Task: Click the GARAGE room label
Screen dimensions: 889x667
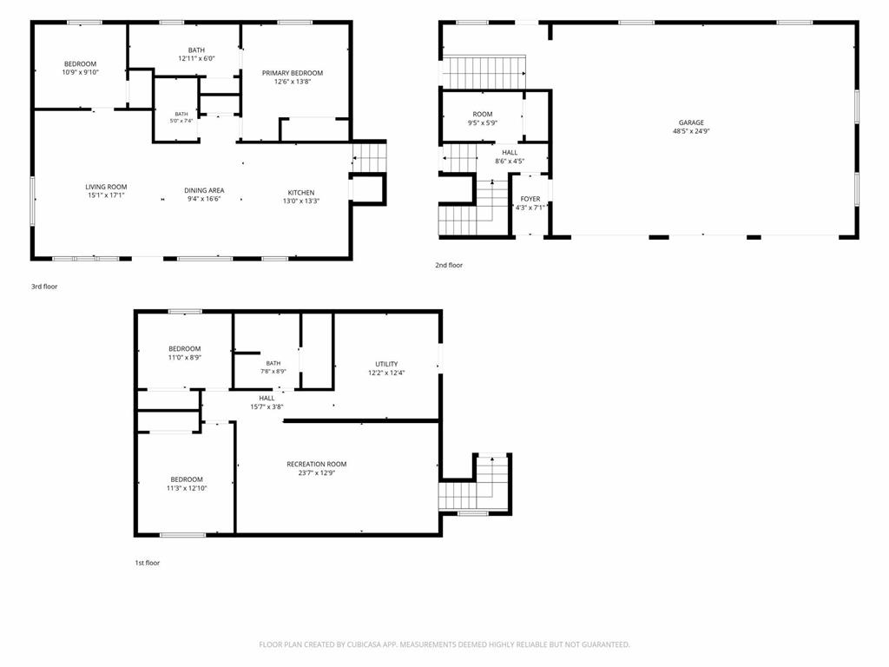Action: [x=691, y=122]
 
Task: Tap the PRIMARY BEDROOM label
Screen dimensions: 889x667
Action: [x=293, y=73]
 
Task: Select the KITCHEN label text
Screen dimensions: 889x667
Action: [x=301, y=193]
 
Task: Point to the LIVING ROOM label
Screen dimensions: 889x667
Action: [x=106, y=188]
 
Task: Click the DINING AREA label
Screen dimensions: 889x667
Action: [x=204, y=190]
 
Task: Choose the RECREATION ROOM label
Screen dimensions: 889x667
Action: [x=316, y=465]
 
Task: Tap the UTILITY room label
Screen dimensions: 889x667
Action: [x=386, y=364]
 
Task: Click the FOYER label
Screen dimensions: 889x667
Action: [x=530, y=199]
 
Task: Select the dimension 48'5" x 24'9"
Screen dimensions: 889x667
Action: [x=691, y=131]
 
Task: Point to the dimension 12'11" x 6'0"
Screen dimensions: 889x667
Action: [x=197, y=58]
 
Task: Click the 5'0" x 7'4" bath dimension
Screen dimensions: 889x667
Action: [x=181, y=121]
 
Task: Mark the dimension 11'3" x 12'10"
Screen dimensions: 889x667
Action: [x=187, y=488]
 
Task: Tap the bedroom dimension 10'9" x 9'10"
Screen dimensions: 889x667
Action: [x=81, y=72]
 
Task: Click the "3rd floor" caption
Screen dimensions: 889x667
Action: [x=44, y=287]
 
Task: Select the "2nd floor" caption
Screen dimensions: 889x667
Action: [x=449, y=266]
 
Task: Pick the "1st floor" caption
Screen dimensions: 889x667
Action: [x=148, y=563]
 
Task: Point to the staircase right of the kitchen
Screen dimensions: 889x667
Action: [x=369, y=157]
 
